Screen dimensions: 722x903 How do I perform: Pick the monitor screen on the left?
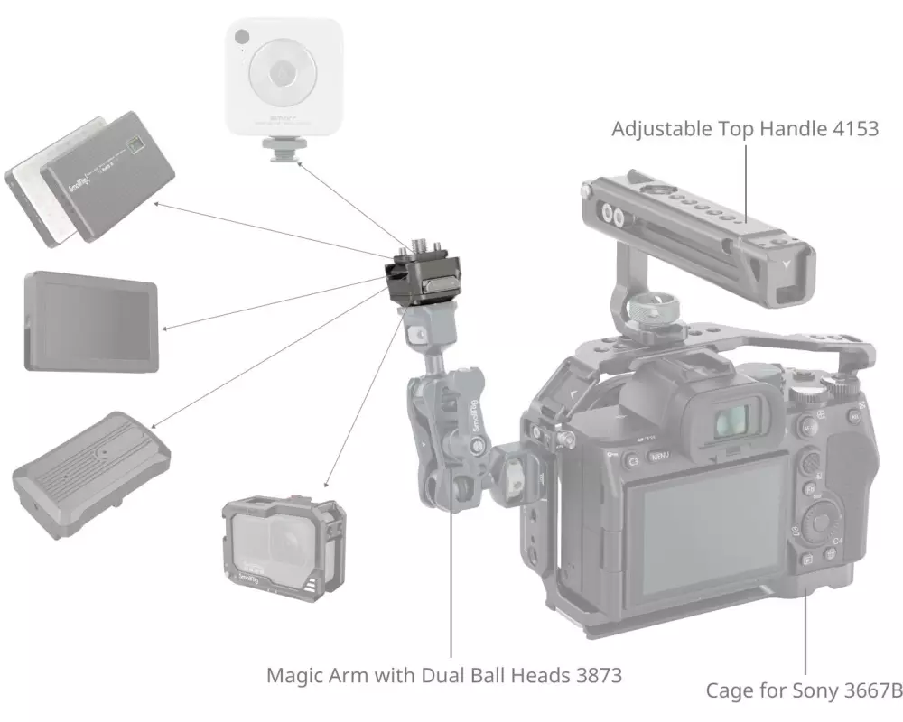(x=90, y=320)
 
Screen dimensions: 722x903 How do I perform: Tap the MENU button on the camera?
(x=659, y=457)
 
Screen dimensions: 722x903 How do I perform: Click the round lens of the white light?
(x=283, y=72)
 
